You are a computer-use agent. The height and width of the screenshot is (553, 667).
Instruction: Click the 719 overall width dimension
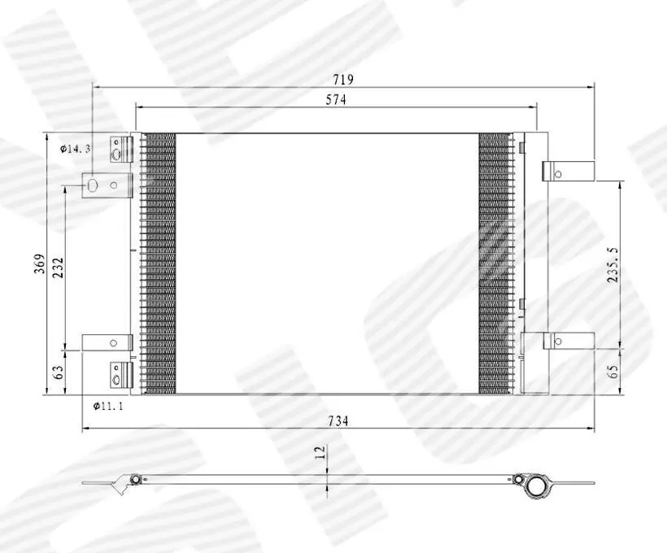tap(343, 80)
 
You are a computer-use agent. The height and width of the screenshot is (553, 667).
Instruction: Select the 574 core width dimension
tap(336, 100)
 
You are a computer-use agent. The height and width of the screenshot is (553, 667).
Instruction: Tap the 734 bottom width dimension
tap(338, 420)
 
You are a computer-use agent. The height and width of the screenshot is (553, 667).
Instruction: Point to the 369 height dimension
tap(40, 263)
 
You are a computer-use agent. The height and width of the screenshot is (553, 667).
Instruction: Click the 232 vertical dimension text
tap(58, 268)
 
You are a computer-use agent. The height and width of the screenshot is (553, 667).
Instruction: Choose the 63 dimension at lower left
tap(59, 372)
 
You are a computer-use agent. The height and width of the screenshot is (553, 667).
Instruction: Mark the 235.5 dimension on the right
tap(613, 265)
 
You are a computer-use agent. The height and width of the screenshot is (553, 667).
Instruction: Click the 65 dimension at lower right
tap(613, 372)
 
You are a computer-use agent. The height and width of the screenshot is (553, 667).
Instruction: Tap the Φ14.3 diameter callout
tap(76, 149)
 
